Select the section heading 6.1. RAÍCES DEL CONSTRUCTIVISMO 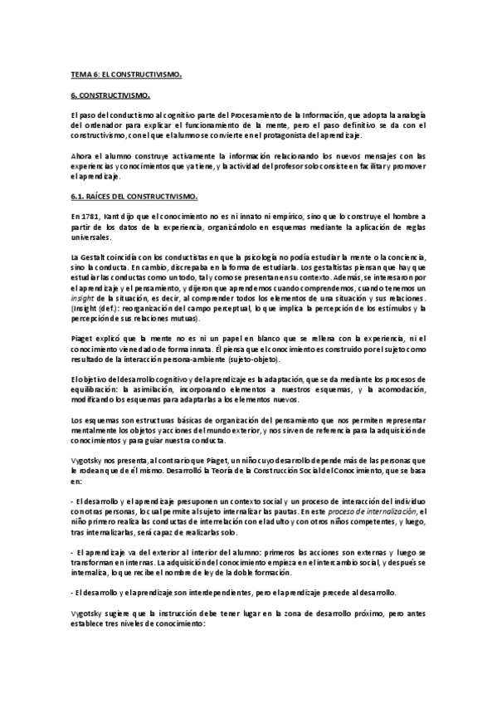coord(134,196)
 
